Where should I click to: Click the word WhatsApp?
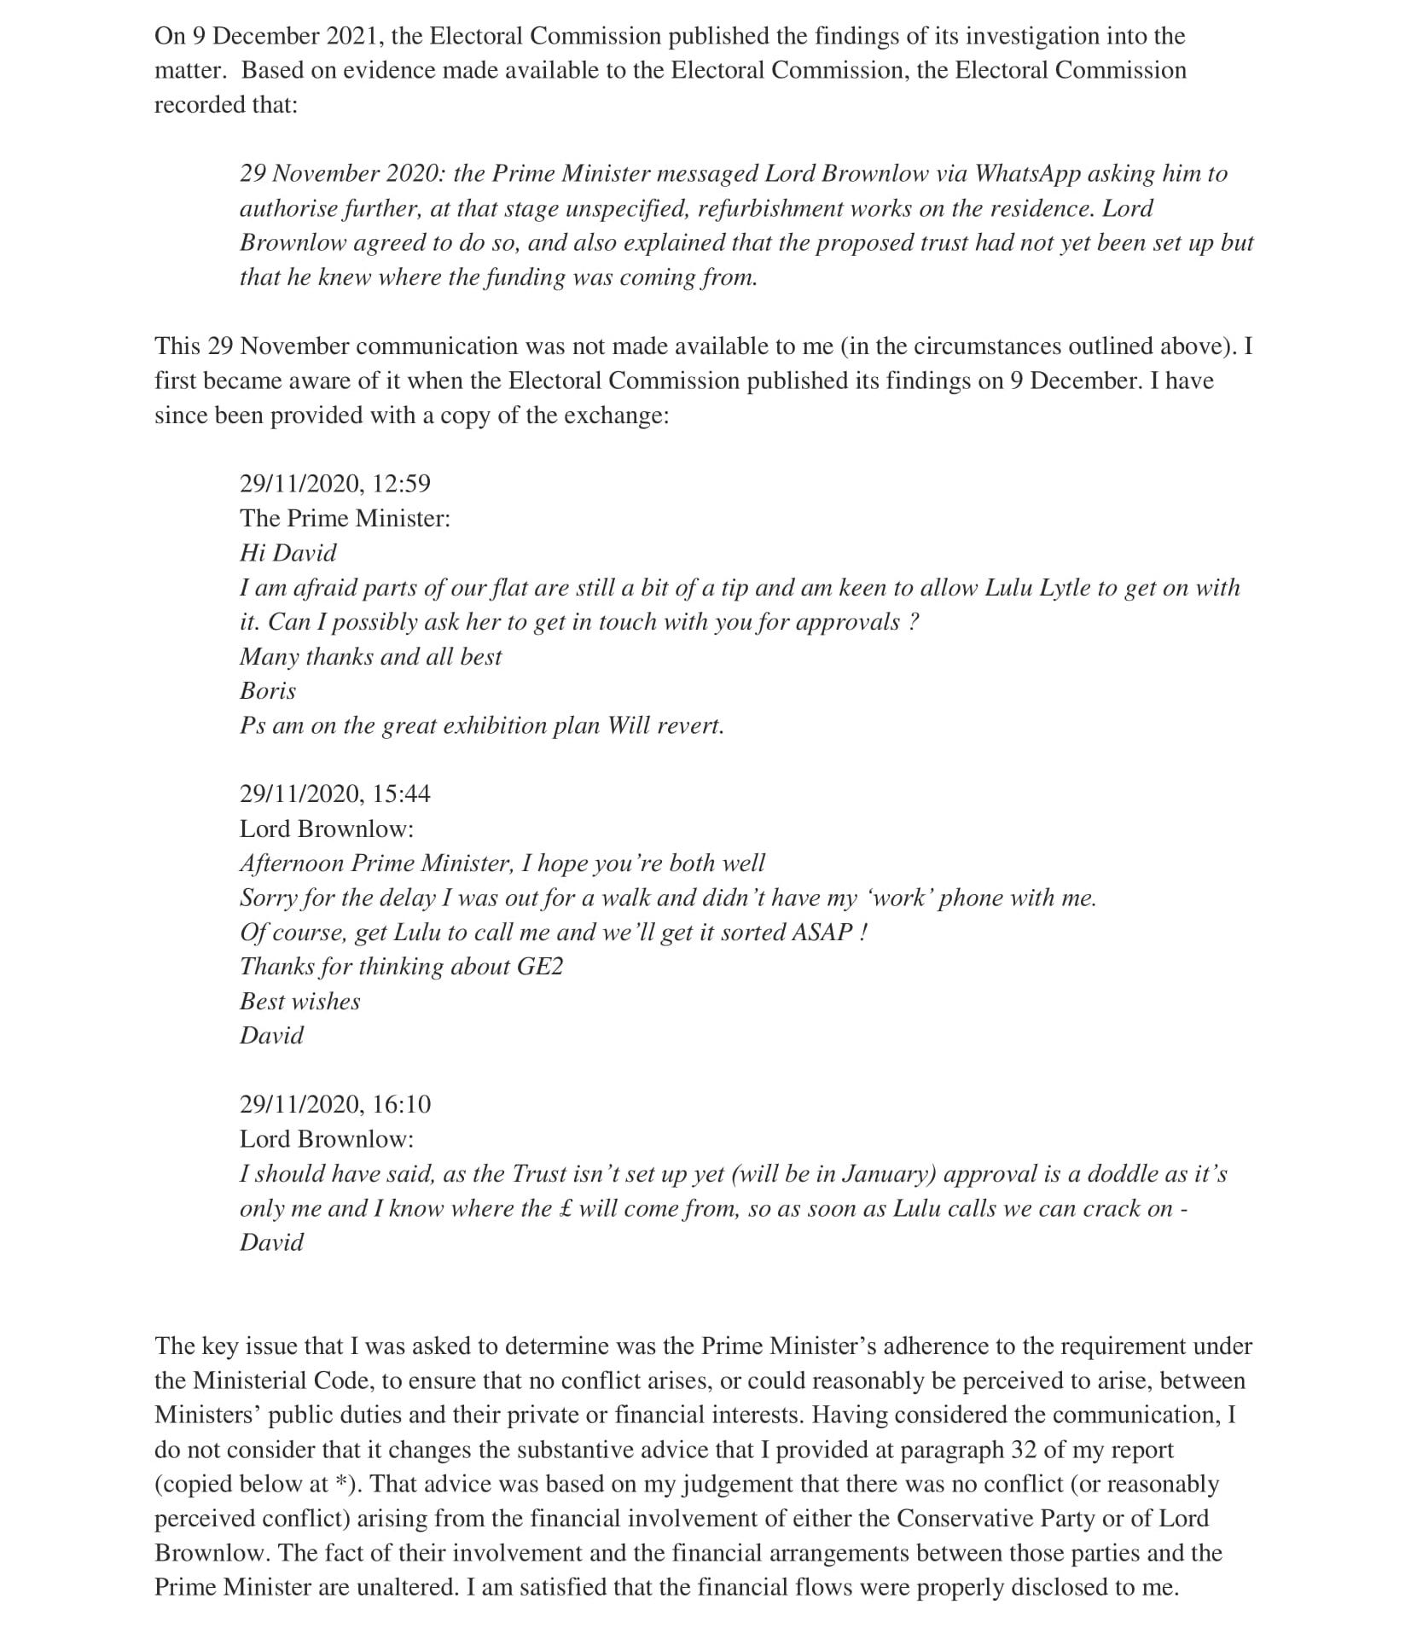[x=1026, y=174]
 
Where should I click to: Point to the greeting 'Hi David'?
[x=288, y=553]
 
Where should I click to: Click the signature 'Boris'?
[x=268, y=691]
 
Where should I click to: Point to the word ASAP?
[x=822, y=933]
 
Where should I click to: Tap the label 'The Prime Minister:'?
[x=345, y=519]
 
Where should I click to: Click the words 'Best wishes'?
[x=300, y=1002]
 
